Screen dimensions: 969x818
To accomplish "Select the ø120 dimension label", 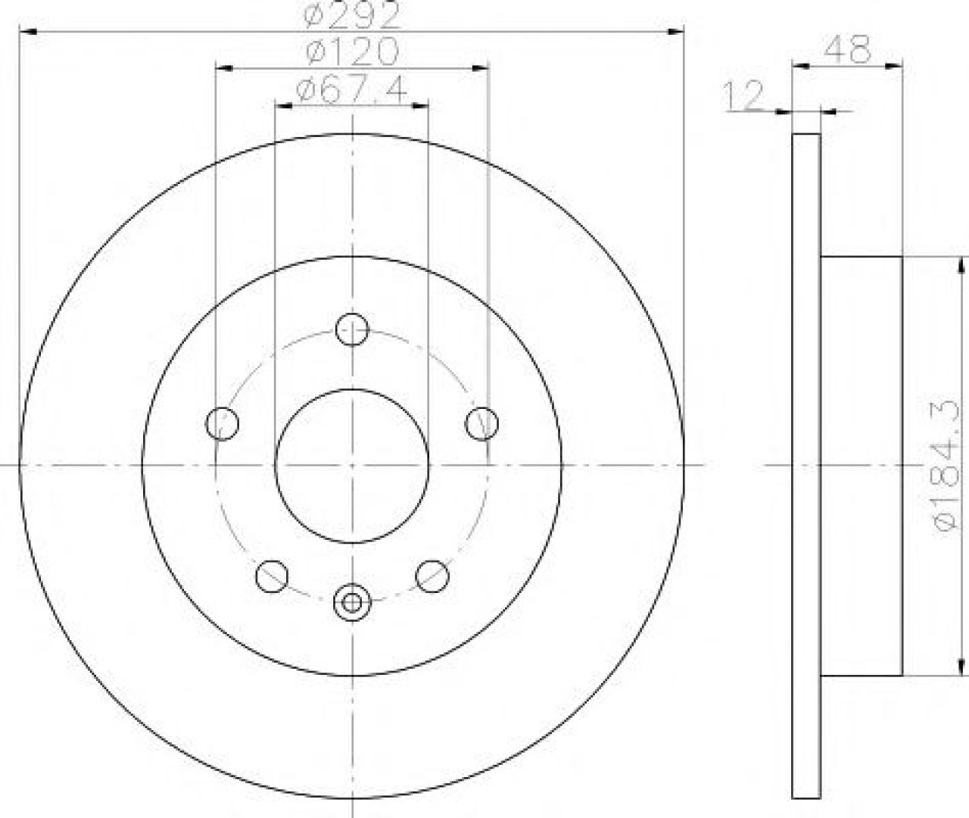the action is (352, 51).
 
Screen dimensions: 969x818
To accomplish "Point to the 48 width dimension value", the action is (847, 50).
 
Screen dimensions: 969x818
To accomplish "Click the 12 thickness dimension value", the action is (743, 96).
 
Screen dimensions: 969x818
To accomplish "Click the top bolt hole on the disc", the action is (352, 329).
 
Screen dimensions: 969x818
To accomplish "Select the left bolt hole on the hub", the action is (223, 423).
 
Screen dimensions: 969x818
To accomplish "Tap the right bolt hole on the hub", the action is (482, 423).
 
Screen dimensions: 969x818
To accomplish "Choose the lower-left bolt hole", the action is (272, 576).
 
